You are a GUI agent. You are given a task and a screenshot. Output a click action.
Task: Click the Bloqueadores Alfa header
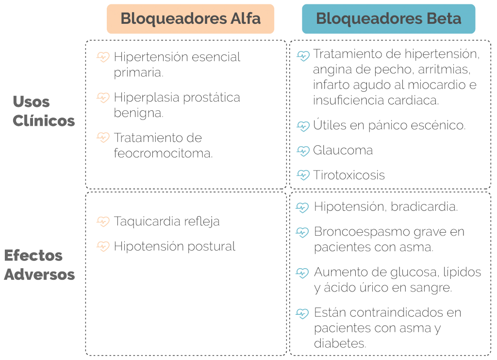click(x=190, y=19)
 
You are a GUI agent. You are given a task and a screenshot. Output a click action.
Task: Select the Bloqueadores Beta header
click(x=388, y=19)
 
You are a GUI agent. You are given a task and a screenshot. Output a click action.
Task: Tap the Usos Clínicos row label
click(x=44, y=111)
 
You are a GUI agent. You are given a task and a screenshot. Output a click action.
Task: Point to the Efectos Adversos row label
click(x=39, y=265)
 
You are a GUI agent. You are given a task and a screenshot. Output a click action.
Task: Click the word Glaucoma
click(x=343, y=150)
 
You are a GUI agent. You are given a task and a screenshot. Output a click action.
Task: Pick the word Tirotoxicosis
click(x=348, y=175)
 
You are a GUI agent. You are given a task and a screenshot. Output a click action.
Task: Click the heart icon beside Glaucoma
click(x=303, y=151)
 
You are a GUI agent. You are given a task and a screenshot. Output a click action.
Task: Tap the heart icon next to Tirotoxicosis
click(x=303, y=175)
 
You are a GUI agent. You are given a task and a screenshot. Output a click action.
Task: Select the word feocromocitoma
click(x=163, y=153)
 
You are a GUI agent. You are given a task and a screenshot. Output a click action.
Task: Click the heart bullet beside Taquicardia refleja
click(x=103, y=222)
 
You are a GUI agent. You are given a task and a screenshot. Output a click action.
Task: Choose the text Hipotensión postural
click(x=175, y=246)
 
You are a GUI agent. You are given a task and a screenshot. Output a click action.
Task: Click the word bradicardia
click(x=424, y=207)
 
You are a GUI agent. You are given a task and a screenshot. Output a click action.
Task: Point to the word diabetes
click(x=340, y=343)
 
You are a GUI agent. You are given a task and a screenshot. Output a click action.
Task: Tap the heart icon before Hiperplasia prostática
click(x=103, y=98)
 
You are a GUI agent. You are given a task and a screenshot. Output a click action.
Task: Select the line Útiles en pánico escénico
click(x=389, y=125)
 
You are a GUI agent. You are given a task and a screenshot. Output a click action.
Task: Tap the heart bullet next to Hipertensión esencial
click(x=103, y=57)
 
